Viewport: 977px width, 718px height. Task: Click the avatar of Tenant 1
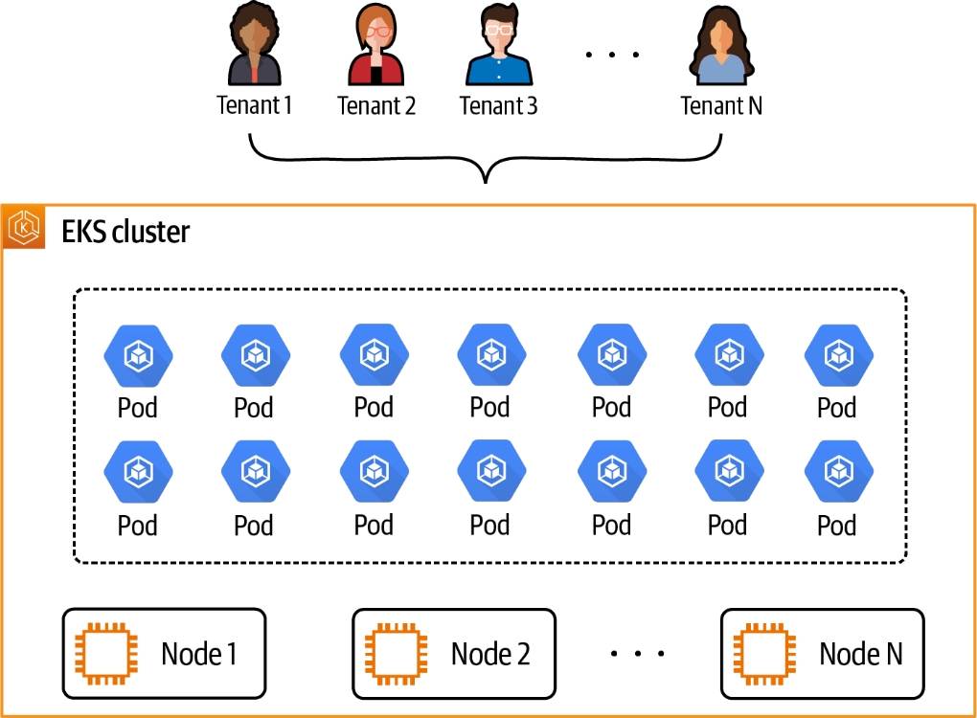tap(254, 48)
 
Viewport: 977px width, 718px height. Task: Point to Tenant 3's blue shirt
tap(498, 71)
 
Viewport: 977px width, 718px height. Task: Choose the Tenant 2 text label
tap(376, 105)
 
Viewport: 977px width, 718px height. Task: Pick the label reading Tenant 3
tap(498, 105)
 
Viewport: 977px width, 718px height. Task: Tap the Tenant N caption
tap(721, 105)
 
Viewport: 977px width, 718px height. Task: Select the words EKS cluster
tap(125, 232)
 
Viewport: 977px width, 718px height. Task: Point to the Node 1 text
tap(199, 654)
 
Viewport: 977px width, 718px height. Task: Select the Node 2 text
tap(490, 654)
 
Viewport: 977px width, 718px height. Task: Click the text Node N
tap(860, 654)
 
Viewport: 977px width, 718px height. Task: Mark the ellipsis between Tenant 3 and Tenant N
tap(613, 55)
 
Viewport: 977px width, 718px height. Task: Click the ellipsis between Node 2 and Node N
tap(637, 654)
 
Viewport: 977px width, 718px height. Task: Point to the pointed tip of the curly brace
tap(487, 180)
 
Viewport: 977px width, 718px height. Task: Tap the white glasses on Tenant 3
tap(498, 30)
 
